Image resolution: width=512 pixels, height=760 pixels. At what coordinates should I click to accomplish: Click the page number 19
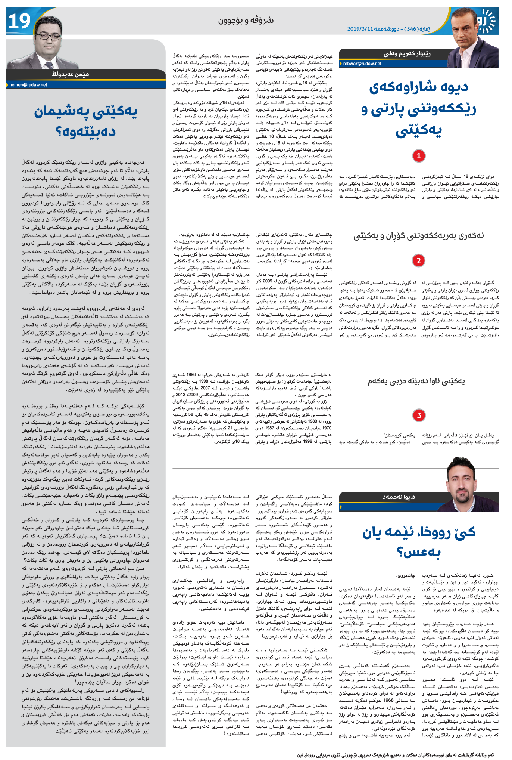tap(19, 21)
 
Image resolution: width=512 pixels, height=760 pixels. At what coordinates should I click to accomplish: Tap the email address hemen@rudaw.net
tap(28, 85)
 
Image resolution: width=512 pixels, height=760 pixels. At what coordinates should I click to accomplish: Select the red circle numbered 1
tap(419, 155)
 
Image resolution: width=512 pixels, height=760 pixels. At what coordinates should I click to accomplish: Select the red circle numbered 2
tap(419, 260)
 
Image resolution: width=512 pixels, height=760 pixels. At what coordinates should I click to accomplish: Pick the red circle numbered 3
tap(419, 415)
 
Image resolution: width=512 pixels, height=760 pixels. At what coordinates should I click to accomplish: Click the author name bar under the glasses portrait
tap(71, 74)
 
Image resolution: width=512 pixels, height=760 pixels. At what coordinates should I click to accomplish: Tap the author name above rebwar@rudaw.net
tap(407, 54)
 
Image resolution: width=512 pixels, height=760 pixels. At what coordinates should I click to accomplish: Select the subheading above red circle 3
tap(416, 381)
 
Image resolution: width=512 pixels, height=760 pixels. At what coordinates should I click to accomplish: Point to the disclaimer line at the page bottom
tap(396, 755)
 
